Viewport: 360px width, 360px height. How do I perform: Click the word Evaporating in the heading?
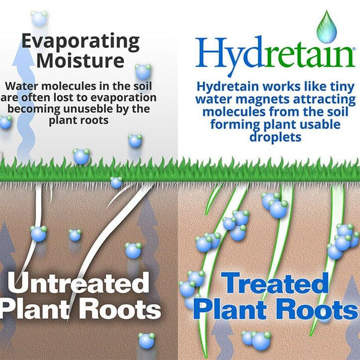[81, 42]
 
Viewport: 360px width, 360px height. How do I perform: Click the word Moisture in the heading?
[81, 62]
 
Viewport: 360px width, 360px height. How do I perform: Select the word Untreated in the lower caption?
[81, 284]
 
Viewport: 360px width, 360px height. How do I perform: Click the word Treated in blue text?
[274, 284]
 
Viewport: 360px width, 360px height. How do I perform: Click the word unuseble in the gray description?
[89, 109]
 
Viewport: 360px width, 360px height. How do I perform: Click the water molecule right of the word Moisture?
[143, 71]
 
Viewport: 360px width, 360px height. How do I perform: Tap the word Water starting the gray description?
[22, 86]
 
